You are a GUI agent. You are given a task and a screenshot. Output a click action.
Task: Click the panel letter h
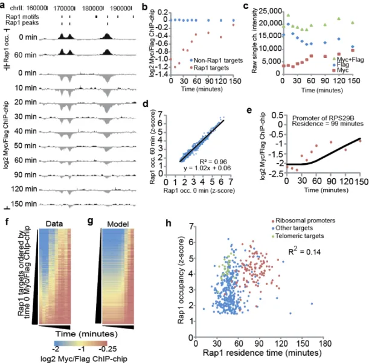tap(168, 223)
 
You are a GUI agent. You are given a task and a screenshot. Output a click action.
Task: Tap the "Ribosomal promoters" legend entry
tap(303, 220)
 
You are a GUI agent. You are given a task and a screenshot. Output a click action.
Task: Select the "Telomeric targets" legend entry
tap(298, 236)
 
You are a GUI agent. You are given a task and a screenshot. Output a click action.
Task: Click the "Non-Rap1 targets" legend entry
tap(216, 60)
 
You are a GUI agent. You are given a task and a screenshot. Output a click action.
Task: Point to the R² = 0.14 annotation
tap(304, 251)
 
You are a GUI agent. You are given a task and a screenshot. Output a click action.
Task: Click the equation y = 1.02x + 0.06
tap(207, 168)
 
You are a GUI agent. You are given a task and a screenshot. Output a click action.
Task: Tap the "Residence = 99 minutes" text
tap(327, 124)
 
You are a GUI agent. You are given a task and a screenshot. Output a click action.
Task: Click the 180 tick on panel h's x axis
tap(324, 344)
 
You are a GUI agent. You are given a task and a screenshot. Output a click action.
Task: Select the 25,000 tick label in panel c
tap(270, 11)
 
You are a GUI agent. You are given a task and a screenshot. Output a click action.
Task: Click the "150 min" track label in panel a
tap(24, 204)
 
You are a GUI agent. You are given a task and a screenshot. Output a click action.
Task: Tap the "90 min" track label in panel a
tap(25, 175)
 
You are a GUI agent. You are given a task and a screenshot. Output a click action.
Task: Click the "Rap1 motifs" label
tap(22, 17)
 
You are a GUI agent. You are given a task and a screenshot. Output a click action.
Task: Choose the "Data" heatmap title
tap(54, 223)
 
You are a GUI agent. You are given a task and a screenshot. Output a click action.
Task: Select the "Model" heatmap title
tap(118, 224)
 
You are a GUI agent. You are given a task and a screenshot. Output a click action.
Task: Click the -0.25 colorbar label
tap(108, 349)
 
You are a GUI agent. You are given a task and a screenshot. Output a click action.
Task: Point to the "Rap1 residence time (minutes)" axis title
tap(262, 353)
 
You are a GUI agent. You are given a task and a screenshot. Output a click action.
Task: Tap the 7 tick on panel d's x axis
tap(231, 182)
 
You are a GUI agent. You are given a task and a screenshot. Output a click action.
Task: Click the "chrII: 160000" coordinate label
tap(28, 8)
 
